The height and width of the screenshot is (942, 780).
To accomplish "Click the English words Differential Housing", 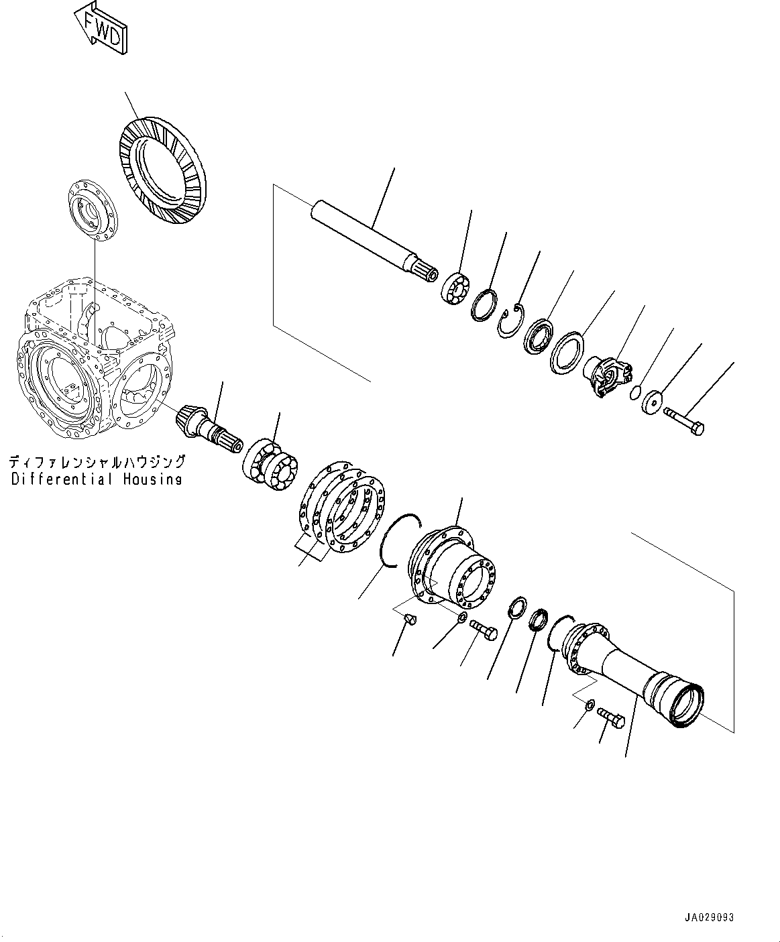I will (97, 479).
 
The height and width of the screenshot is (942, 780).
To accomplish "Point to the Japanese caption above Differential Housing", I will (97, 462).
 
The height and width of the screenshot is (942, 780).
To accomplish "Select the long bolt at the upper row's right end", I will (683, 422).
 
